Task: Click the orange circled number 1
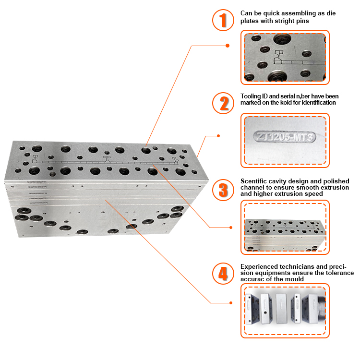222,20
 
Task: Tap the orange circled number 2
222,103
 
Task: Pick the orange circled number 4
222,274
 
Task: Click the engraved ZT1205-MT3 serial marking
286,138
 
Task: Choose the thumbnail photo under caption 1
286,57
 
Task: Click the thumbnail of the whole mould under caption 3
286,227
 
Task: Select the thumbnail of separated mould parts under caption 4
286,311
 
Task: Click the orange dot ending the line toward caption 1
227,46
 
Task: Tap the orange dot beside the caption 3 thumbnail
231,228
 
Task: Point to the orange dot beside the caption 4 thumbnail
231,302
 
